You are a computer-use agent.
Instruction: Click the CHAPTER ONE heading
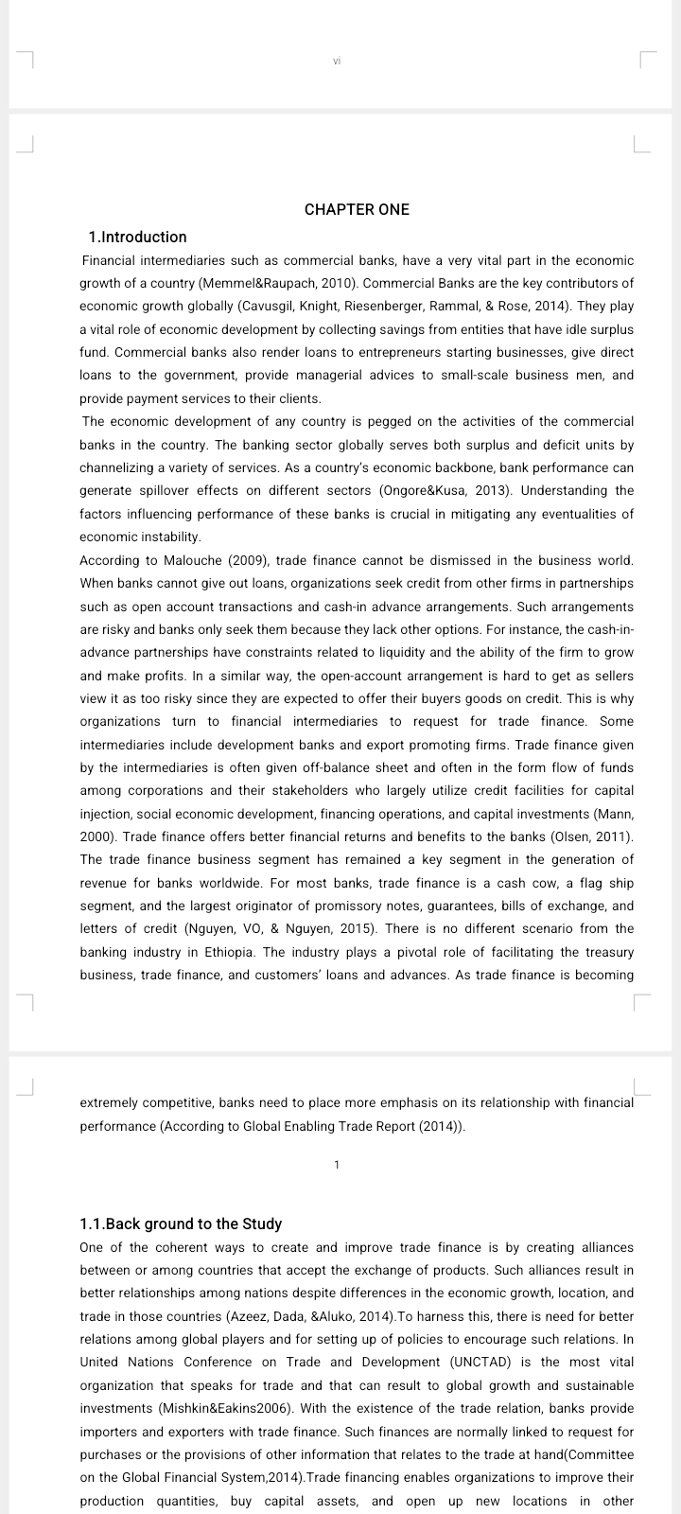pos(357,209)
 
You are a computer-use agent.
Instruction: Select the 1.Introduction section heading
pos(137,237)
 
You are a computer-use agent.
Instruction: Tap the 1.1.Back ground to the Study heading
pos(181,1224)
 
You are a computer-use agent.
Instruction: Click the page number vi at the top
pos(337,62)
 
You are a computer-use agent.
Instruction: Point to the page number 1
pos(337,1165)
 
